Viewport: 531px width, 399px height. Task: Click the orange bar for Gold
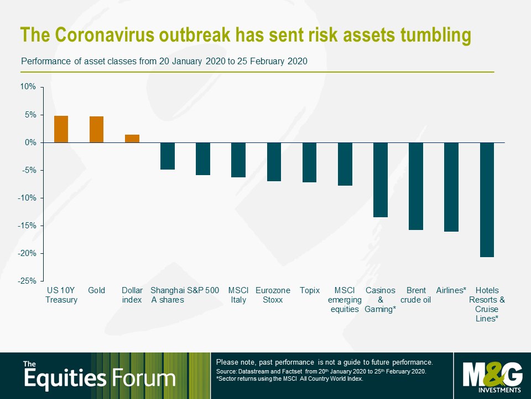pos(96,129)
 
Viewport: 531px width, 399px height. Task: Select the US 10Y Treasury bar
pos(61,129)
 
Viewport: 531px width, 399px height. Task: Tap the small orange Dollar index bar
pos(132,139)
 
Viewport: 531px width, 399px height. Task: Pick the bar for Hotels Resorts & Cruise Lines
pos(487,200)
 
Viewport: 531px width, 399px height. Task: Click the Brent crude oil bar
pos(416,186)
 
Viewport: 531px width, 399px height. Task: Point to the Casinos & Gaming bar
pos(381,180)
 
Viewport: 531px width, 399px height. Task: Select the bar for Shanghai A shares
pos(168,156)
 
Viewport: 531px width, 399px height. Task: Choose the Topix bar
pos(310,162)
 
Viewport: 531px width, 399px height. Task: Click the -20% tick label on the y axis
pos(27,253)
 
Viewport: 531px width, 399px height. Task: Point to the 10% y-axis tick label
pos(28,86)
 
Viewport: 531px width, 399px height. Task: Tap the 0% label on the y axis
pos(30,142)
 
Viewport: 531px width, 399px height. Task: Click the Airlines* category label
pos(451,290)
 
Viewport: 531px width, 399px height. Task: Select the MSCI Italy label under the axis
pos(238,295)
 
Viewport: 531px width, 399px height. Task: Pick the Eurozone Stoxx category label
pos(273,295)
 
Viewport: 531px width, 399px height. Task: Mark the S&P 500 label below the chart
pos(203,290)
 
